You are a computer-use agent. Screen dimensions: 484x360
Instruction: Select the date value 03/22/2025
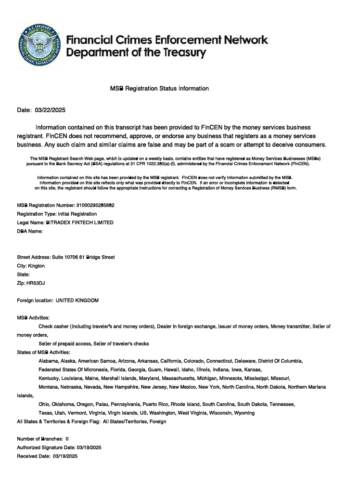[50, 110]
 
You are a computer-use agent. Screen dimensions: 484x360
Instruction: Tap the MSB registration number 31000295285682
[95, 205]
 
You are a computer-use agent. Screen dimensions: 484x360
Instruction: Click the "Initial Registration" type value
[77, 214]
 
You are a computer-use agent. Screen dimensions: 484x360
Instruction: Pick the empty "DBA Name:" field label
[30, 231]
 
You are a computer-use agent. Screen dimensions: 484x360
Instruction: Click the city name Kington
[37, 266]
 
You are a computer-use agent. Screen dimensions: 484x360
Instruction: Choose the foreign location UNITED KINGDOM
[77, 301]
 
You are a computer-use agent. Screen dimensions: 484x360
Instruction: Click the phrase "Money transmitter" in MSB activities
[290, 327]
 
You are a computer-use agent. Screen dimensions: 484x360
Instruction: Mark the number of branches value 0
[67, 439]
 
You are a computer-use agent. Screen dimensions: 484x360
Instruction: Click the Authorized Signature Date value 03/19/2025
[86, 447]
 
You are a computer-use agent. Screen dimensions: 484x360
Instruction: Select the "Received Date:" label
[33, 456]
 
